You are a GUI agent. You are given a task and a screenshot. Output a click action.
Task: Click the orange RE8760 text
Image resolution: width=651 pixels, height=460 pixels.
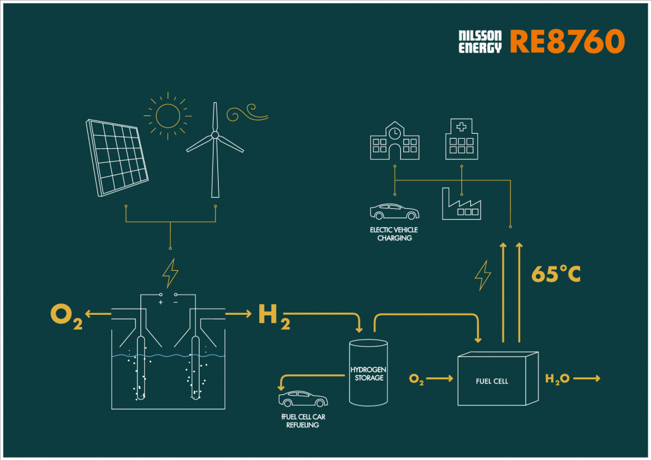pos(567,42)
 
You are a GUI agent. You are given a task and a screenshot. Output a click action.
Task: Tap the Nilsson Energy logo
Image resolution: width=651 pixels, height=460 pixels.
pos(480,42)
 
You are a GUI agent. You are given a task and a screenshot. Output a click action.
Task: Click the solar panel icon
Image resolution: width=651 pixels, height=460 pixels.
pos(117,158)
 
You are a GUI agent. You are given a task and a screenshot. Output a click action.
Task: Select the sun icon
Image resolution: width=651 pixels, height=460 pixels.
pos(167,115)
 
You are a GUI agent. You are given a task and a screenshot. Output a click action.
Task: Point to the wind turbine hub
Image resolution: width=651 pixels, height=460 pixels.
pos(215,135)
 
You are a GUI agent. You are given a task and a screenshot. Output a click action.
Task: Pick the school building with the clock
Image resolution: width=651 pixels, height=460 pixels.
pos(395,141)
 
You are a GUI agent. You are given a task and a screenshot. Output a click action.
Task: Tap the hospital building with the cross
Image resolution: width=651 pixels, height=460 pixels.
pos(461,139)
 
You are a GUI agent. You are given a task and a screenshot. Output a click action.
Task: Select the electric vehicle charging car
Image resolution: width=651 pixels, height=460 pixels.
pos(394,211)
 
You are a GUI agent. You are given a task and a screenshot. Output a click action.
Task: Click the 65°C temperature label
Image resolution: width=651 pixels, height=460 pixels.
pos(556,273)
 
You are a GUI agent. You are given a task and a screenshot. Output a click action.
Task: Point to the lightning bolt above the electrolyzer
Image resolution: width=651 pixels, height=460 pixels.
pos(170,273)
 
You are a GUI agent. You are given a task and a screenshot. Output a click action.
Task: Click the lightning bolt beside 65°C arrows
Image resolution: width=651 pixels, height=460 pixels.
pos(483,275)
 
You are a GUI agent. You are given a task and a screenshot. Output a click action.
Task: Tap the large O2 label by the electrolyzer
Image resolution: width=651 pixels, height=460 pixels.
pos(66,317)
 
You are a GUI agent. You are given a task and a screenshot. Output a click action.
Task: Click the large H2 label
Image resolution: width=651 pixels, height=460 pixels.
pos(274,317)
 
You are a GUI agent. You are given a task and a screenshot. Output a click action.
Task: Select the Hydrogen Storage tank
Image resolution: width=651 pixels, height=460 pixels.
pos(368,372)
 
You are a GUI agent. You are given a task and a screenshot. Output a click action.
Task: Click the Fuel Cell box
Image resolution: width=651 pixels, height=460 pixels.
pos(498,379)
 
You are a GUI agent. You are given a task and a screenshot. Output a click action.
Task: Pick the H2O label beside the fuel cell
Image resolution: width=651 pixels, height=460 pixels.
pos(557,379)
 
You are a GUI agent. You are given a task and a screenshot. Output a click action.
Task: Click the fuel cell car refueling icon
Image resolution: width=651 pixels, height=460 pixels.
pos(303,399)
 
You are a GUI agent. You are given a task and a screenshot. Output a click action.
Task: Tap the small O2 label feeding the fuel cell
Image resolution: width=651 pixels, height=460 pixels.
pos(417,379)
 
